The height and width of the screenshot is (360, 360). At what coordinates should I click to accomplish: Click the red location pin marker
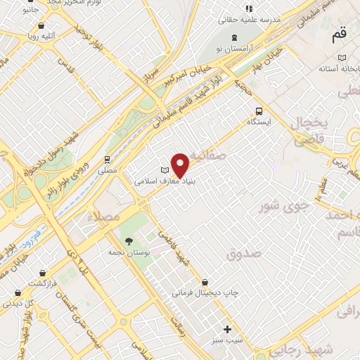pos(181,165)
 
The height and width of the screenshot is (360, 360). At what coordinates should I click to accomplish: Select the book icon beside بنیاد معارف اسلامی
pos(165,170)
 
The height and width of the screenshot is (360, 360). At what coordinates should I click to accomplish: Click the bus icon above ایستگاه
pos(259,111)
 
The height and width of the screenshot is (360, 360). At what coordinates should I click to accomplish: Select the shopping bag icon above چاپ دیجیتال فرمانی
pos(205,281)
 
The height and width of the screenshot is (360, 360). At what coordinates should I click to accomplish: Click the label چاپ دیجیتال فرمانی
pos(206,292)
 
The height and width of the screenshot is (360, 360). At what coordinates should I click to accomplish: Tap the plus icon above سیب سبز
pos(227,328)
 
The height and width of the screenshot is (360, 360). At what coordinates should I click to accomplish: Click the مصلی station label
pos(107,170)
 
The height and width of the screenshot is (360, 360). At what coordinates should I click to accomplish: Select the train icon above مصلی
pos(108,160)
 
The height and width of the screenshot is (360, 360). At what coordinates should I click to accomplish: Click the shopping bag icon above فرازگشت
pos(43,272)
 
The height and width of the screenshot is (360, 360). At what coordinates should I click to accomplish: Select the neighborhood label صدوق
pos(243,252)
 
